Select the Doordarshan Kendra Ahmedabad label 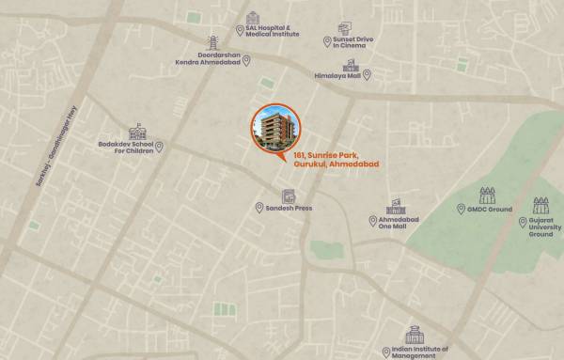[x=207, y=61]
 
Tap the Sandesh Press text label [x=289, y=208]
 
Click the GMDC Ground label [x=493, y=209]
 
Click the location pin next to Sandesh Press [x=259, y=208]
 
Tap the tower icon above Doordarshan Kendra [x=213, y=43]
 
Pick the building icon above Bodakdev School [x=138, y=129]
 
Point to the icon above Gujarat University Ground [x=540, y=205]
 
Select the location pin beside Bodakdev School [x=159, y=147]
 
